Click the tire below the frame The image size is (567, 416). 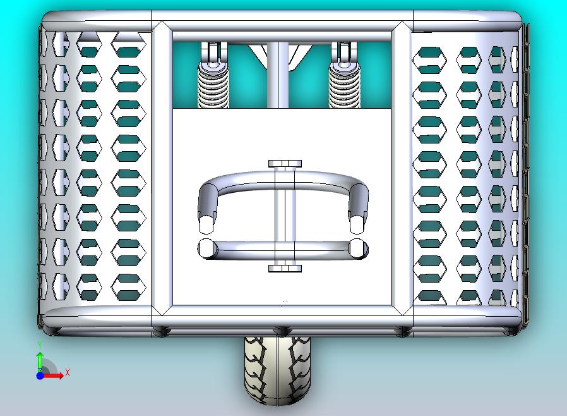pyautogui.click(x=277, y=370)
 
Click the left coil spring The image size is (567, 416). pyautogui.click(x=213, y=85)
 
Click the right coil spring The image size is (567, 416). pyautogui.click(x=344, y=85)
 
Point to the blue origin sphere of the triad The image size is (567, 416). pyautogui.click(x=40, y=376)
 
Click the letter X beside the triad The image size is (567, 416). pyautogui.click(x=68, y=372)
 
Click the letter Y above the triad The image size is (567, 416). pyautogui.click(x=40, y=345)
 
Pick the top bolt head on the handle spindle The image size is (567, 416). pyautogui.click(x=285, y=164)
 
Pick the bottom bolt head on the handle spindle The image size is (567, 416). pyautogui.click(x=285, y=268)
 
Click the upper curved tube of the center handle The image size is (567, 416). pyautogui.click(x=284, y=178)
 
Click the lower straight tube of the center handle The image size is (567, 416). pyautogui.click(x=284, y=249)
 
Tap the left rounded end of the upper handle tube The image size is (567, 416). pyautogui.click(x=207, y=224)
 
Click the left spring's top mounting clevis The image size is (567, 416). pyautogui.click(x=213, y=53)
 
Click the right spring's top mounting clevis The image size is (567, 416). pyautogui.click(x=344, y=53)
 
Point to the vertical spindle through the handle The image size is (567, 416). pyautogui.click(x=285, y=216)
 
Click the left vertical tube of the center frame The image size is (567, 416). pyautogui.click(x=162, y=168)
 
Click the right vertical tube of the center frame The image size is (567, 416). pyautogui.click(x=402, y=168)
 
